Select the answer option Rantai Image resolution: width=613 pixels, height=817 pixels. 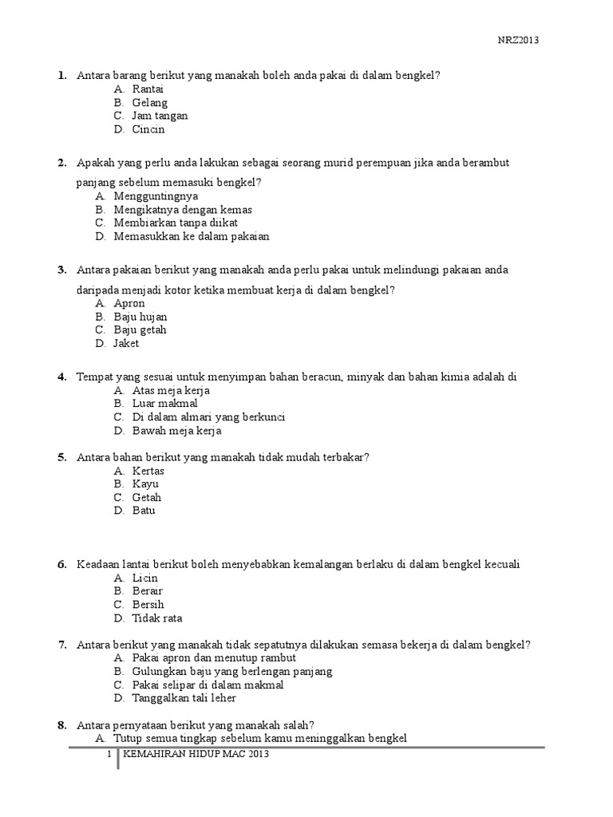(x=148, y=89)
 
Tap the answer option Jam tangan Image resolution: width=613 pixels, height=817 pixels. (x=160, y=116)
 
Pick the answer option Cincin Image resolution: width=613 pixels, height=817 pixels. (x=148, y=129)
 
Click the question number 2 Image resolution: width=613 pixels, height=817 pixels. (x=61, y=163)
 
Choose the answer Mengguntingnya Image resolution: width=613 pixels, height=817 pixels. (x=156, y=196)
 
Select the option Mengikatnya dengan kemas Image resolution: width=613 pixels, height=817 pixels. (x=183, y=210)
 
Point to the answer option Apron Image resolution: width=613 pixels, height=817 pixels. (x=129, y=303)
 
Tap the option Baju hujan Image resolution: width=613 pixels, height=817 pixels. (x=140, y=317)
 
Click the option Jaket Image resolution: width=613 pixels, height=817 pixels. (x=126, y=343)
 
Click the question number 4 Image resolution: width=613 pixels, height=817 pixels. (x=61, y=377)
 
